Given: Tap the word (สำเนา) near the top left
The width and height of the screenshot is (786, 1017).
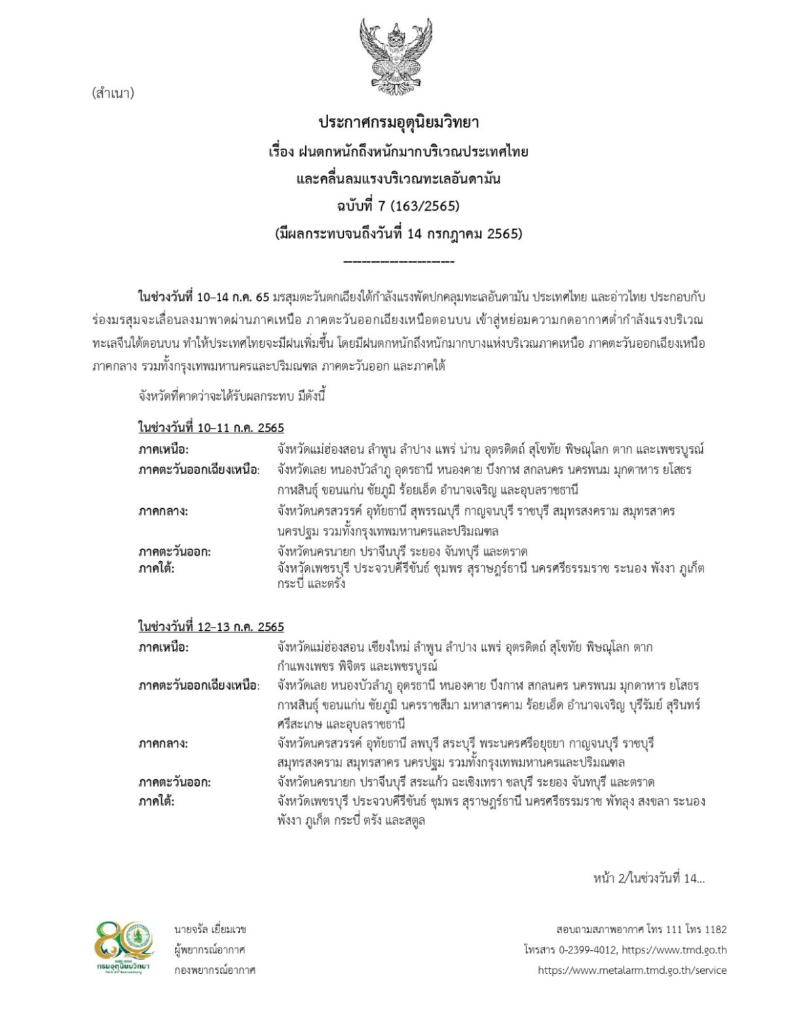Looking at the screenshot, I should [x=113, y=93].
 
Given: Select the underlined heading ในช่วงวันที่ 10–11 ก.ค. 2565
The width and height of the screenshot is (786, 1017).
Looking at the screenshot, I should [x=211, y=428].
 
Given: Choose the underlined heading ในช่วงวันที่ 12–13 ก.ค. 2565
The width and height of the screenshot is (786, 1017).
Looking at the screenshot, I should [x=211, y=627].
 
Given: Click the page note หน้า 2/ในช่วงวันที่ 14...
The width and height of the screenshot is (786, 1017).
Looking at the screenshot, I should [x=648, y=878].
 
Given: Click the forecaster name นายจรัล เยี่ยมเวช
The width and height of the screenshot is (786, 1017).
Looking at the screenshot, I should [x=210, y=929].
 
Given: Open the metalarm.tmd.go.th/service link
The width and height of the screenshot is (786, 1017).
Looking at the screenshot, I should [x=632, y=970].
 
